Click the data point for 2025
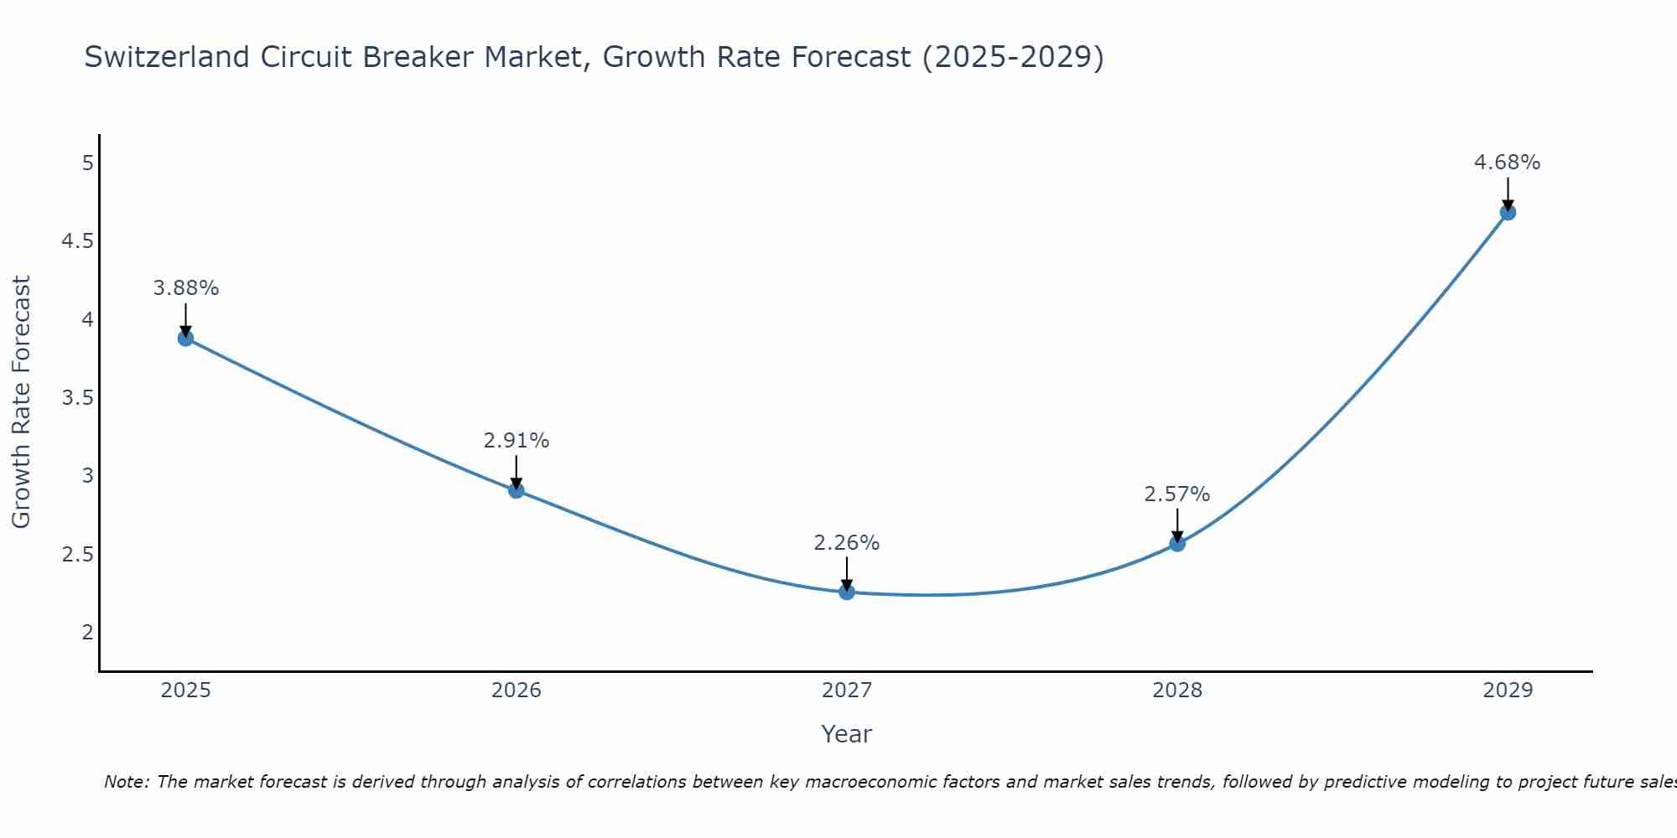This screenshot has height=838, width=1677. (x=185, y=339)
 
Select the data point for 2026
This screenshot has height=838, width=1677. (x=517, y=490)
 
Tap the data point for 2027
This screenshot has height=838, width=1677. (x=847, y=592)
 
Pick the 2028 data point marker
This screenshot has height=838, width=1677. (x=1177, y=543)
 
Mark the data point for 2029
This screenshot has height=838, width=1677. (x=1508, y=212)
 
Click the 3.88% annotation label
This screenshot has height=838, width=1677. (x=185, y=288)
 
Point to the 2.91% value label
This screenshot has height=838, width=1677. (x=517, y=441)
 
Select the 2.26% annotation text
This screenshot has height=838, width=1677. (x=847, y=543)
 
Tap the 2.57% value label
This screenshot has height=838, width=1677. (x=1177, y=494)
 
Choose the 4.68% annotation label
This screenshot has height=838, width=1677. (x=1508, y=163)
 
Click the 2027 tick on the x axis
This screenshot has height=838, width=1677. (x=847, y=691)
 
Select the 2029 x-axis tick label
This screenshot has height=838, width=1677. (x=1508, y=691)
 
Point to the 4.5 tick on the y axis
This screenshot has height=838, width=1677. (x=77, y=241)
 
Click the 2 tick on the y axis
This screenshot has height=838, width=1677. (x=88, y=632)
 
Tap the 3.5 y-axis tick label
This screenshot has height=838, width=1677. (x=77, y=397)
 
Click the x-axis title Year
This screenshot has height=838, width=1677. (x=847, y=734)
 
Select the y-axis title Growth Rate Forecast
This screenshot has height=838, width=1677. (x=21, y=402)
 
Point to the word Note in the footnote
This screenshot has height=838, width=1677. (x=125, y=782)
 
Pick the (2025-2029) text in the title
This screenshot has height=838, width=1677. (x=1012, y=57)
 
